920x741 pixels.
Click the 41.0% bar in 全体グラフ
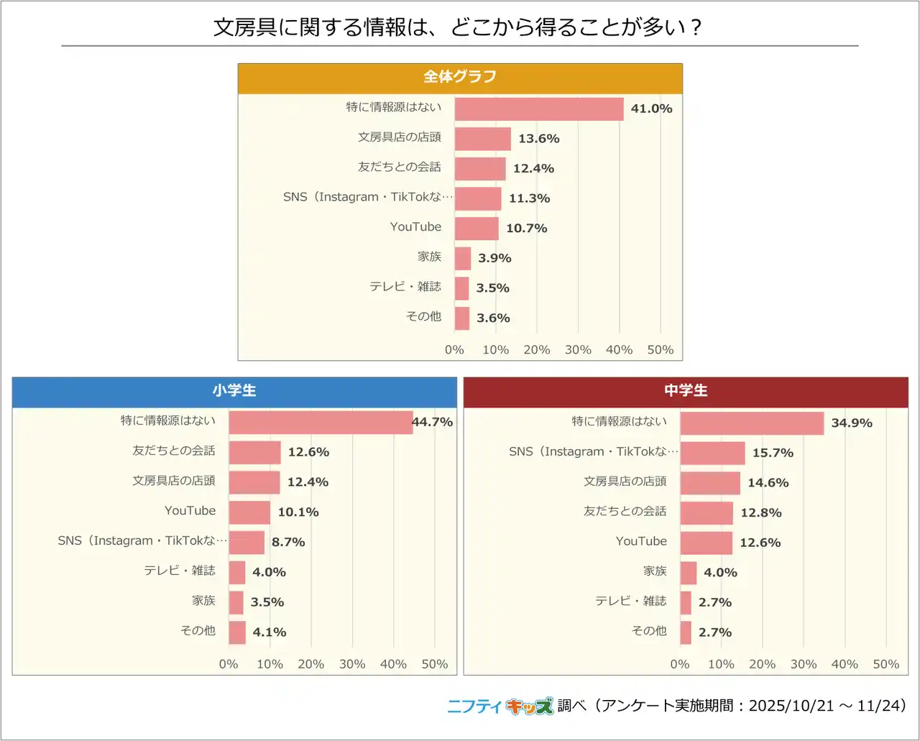point(539,109)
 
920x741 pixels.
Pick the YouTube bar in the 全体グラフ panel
point(477,229)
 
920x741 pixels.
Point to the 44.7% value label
point(433,423)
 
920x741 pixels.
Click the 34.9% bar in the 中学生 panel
point(752,423)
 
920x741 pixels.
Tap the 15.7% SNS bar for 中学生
point(712,454)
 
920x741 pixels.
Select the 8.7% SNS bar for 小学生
point(247,543)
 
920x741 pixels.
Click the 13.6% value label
point(539,139)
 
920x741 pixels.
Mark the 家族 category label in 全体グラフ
point(430,257)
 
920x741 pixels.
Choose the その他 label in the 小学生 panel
point(198,631)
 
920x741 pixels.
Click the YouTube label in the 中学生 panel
point(641,542)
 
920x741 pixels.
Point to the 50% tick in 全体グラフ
point(661,350)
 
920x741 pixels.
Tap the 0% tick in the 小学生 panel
point(229,665)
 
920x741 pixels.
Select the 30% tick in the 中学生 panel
point(804,665)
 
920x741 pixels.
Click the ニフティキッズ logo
point(500,707)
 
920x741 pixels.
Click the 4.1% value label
point(270,632)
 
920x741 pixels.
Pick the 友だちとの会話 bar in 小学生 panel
point(255,453)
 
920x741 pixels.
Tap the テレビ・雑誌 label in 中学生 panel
point(631,602)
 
